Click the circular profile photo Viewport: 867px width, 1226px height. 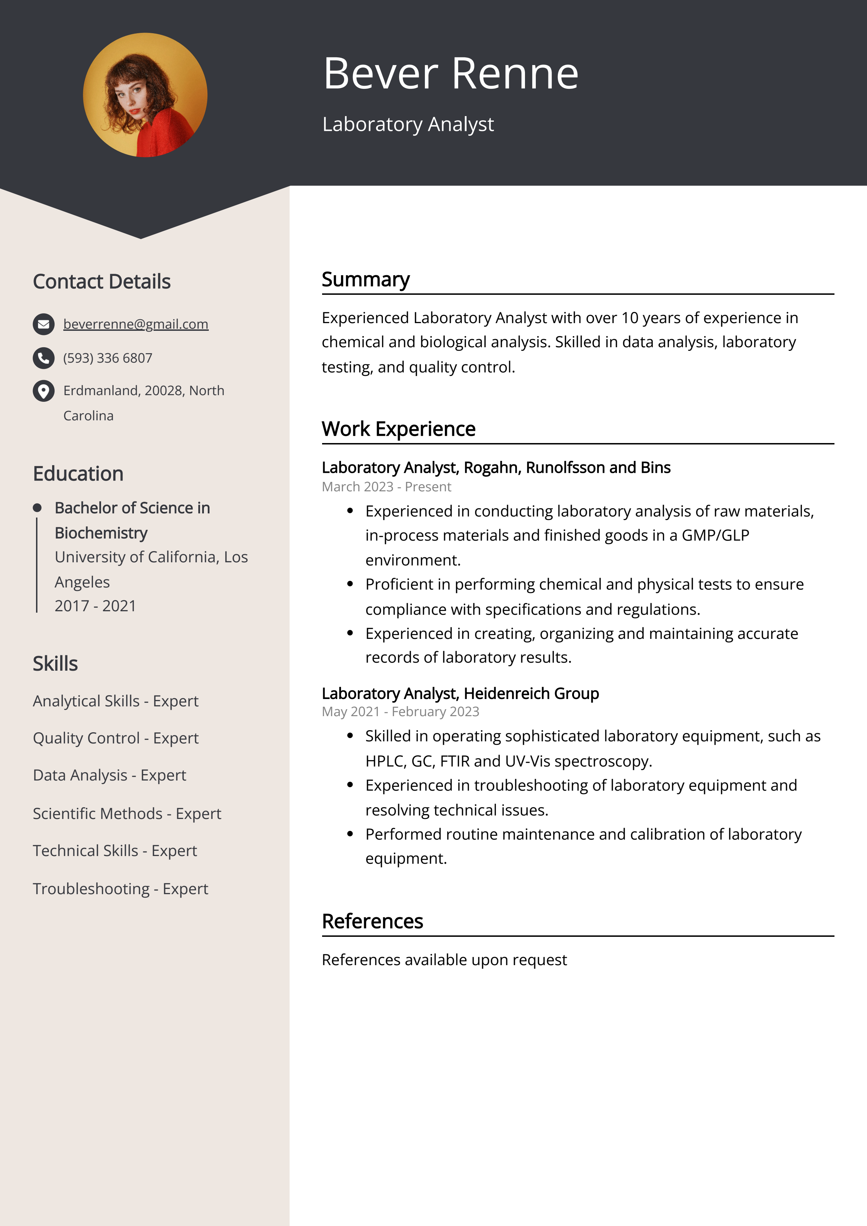[145, 95]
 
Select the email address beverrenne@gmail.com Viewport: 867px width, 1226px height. [136, 324]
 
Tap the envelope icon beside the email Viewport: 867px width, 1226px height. [44, 324]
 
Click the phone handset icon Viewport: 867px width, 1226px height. [44, 358]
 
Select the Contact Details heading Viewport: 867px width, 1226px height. [101, 281]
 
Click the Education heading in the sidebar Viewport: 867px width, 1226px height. [78, 473]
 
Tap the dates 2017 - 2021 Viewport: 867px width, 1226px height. [95, 606]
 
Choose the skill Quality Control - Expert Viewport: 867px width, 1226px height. [115, 738]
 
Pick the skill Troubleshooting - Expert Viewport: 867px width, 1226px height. [120, 889]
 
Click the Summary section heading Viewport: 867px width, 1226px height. [365, 279]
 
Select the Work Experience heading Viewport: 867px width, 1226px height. [398, 429]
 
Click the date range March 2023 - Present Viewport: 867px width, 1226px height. [386, 486]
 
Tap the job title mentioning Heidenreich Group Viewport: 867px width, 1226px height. [460, 693]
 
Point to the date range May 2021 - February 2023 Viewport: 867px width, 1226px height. [400, 712]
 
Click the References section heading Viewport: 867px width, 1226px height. [372, 921]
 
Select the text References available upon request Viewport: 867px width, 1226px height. [444, 960]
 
